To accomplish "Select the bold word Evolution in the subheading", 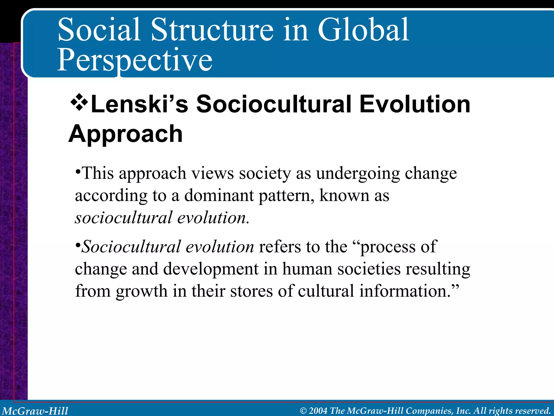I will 415,104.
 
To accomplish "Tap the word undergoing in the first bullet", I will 358,173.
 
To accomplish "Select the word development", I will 211,269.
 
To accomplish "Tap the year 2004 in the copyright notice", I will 318,411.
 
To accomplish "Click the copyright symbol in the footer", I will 303,411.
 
